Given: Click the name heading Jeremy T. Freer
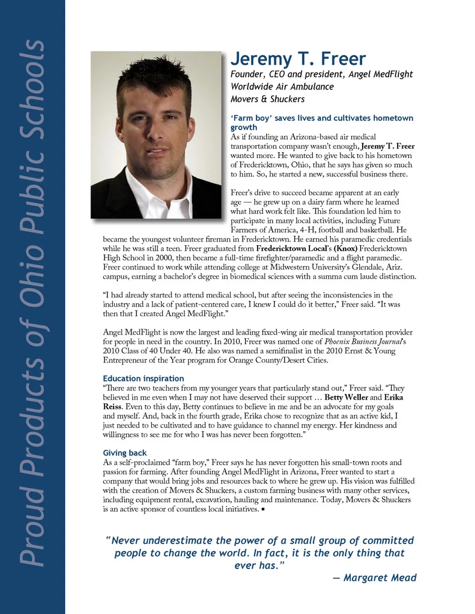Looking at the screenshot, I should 298,59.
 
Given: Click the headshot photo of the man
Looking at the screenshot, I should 156,134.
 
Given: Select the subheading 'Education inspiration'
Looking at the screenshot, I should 143,379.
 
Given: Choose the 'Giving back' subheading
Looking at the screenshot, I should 125,453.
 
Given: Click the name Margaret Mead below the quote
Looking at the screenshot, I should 380,577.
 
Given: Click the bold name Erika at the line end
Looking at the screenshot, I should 393,397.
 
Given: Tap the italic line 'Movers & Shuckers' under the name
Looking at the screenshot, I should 268,99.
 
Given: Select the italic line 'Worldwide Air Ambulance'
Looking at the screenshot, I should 282,87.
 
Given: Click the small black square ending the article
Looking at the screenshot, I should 263,509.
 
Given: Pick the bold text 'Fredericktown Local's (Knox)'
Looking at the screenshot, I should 306,249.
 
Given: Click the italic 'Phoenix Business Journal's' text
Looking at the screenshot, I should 365,342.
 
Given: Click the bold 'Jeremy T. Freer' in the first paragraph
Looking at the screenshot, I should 387,146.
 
